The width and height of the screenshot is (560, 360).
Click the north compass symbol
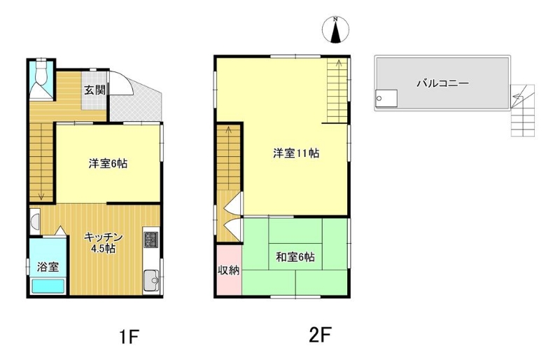(x=335, y=29)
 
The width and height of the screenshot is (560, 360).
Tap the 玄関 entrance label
(x=94, y=90)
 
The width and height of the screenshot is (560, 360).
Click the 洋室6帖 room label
(x=108, y=164)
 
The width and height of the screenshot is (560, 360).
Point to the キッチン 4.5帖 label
(x=103, y=243)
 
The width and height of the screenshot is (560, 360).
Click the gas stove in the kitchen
(x=150, y=240)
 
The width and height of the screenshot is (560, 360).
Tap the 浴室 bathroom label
(x=48, y=267)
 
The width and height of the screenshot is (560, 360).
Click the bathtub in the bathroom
(x=48, y=286)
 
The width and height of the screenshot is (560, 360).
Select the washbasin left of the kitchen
(x=35, y=221)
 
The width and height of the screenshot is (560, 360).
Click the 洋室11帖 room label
(x=296, y=153)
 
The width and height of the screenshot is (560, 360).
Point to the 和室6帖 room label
(x=295, y=257)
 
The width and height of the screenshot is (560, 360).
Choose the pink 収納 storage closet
(x=229, y=270)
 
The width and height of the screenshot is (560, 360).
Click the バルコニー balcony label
(x=443, y=83)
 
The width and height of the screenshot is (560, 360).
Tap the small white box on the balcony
(x=386, y=98)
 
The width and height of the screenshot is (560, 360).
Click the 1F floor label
(x=129, y=336)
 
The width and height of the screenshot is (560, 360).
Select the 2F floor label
(x=320, y=335)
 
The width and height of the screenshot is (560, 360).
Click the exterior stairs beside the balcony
(x=522, y=111)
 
